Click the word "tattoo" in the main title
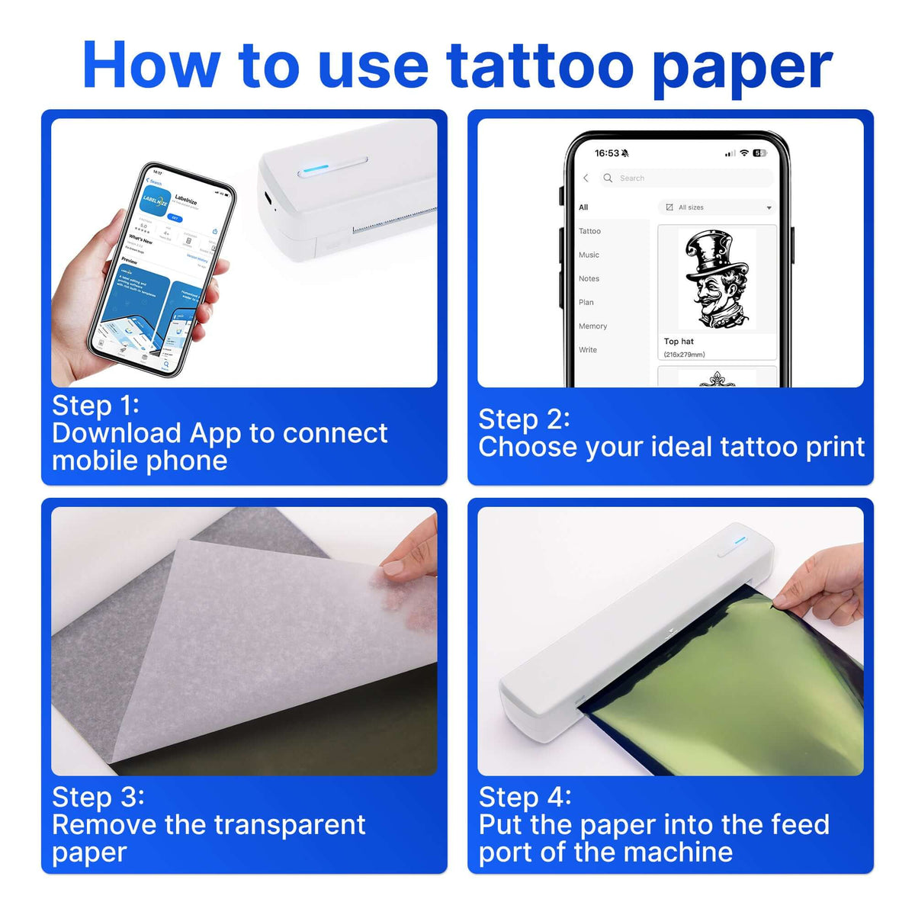pos(540,66)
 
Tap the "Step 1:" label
pos(95,406)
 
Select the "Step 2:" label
pos(524,419)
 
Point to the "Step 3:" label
pos(98,797)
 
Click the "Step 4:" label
pos(525,797)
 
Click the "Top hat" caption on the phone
pos(679,342)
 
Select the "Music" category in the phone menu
pos(589,255)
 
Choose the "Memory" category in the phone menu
pos(592,326)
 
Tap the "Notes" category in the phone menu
pos(589,278)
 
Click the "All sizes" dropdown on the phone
pos(718,207)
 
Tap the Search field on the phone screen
pos(686,178)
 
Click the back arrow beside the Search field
pos(586,178)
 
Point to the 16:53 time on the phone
pos(607,153)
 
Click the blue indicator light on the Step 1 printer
pos(316,167)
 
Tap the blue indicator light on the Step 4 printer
pos(740,541)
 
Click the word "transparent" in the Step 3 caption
pos(289,825)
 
